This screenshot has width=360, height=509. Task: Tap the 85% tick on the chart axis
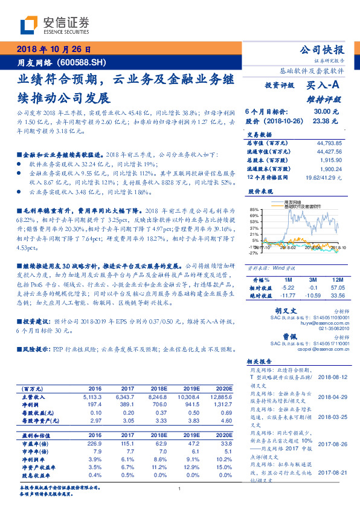pos(252,209)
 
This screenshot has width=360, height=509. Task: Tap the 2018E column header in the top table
pos(158,389)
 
